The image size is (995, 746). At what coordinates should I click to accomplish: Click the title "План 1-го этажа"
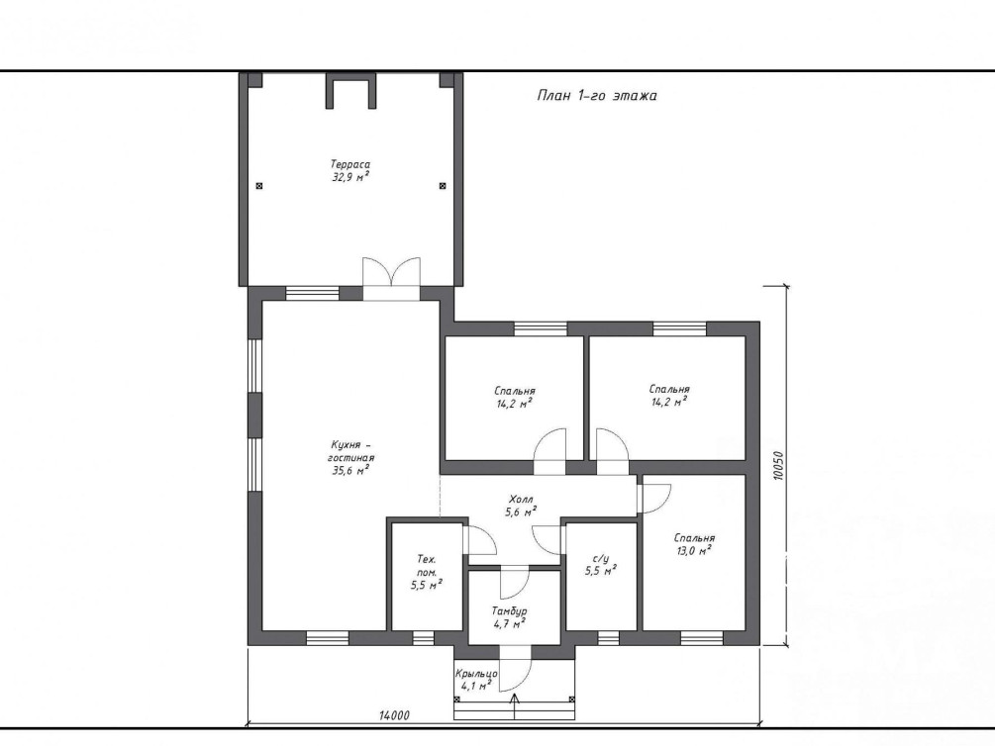pos(596,96)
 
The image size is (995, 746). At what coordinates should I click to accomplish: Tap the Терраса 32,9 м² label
pos(350,170)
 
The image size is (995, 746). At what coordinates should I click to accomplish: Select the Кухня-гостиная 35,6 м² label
pos(350,457)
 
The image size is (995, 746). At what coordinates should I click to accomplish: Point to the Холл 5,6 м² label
pos(521,506)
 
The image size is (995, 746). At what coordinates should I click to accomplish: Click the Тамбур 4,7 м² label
pos(509,616)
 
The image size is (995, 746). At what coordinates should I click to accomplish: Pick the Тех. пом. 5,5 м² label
pos(426,572)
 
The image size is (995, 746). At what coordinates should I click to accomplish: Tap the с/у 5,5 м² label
pos(600,565)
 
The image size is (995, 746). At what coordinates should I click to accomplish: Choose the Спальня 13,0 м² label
pos(694,544)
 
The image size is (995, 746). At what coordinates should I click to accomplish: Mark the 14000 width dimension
pos(394,715)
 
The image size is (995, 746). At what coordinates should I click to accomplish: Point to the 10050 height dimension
pos(779,465)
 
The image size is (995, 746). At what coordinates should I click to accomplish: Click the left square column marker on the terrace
pos(259,186)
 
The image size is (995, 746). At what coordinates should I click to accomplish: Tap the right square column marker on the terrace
pos(443,186)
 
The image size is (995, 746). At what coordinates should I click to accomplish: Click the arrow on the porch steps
pos(514,706)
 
